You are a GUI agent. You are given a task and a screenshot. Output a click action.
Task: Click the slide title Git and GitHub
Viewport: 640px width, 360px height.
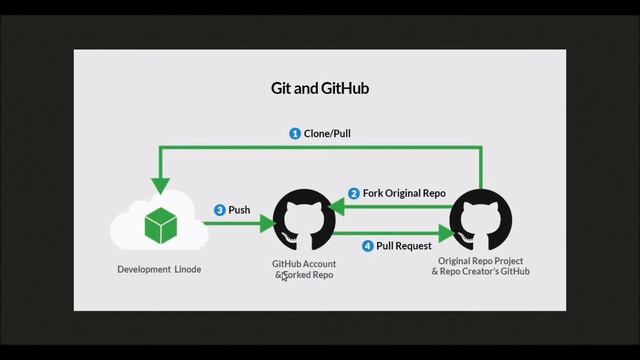click(320, 88)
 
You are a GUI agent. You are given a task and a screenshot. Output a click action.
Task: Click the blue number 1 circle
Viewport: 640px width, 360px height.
click(295, 133)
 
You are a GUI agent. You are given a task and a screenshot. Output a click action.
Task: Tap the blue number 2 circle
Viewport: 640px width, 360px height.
click(353, 193)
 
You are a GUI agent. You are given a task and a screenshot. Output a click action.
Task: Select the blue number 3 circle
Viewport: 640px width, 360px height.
click(219, 210)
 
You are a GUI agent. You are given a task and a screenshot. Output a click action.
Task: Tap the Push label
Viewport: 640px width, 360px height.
click(239, 210)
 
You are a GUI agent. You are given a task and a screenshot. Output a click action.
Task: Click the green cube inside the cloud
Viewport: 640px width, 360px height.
click(159, 225)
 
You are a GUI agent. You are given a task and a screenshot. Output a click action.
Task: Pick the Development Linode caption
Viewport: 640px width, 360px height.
click(159, 269)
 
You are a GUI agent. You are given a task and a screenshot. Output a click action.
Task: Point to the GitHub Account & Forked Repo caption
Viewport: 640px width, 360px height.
click(305, 269)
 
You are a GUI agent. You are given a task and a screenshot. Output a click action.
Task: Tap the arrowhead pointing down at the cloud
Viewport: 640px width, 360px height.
click(159, 186)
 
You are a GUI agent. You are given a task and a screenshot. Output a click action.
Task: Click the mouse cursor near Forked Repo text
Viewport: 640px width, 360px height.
click(284, 277)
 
